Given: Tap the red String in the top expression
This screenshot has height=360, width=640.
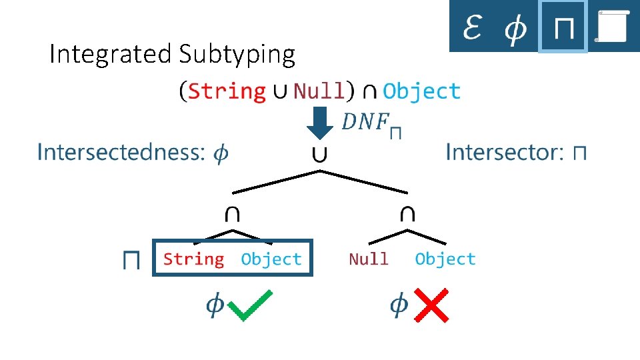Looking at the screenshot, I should point(227,91).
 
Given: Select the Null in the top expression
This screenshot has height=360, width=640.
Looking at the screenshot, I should point(319,91).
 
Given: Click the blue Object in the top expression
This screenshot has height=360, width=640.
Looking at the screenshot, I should point(421,91).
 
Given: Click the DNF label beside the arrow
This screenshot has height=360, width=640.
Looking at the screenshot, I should point(371,123).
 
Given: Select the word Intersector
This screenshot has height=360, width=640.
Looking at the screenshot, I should point(503,152).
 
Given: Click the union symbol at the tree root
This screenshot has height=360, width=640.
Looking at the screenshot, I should point(320,155).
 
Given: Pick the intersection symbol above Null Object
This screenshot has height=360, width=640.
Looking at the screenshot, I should point(407,214).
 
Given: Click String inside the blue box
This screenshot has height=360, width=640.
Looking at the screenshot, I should point(193,259).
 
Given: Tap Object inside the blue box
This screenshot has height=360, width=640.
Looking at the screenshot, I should point(271,259).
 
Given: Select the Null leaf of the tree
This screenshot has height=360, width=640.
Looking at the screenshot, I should point(368,259).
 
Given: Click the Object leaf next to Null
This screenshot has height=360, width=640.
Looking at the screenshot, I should point(445,259).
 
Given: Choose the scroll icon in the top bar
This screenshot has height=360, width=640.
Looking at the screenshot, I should point(613,27).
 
